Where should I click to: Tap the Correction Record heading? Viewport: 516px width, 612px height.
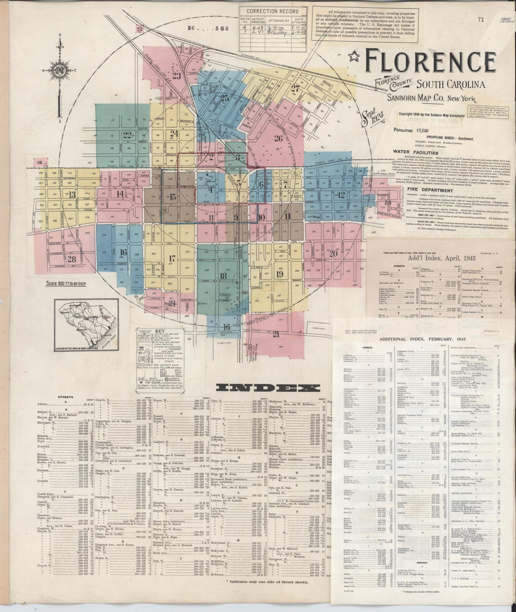[x=270, y=11]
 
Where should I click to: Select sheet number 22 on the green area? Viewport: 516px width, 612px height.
[x=128, y=134]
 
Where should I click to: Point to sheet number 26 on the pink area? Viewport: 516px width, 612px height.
[x=278, y=138]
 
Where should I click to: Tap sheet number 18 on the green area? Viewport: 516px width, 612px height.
[x=223, y=276]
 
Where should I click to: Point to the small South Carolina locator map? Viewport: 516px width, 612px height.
[x=86, y=325]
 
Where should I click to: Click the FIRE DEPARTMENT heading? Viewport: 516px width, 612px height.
[x=426, y=190]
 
